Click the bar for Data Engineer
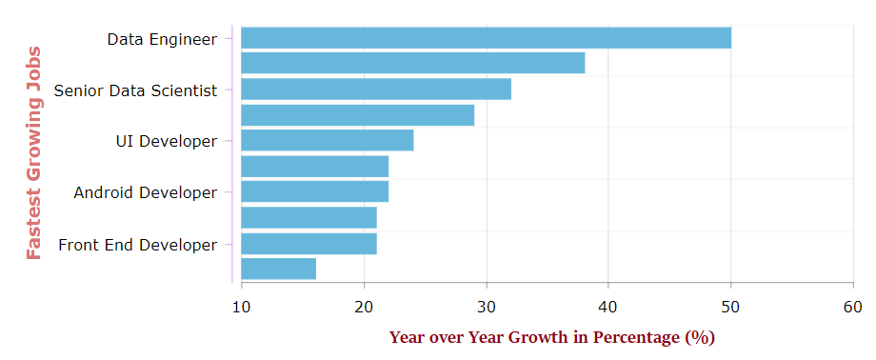coord(486,38)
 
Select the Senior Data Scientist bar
coord(376,90)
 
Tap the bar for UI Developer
coord(327,141)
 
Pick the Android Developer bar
coord(314,192)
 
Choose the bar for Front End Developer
coord(309,244)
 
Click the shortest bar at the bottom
coord(278,270)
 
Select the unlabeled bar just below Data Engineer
coord(412,64)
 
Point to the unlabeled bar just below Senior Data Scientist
coord(357,115)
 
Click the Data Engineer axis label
coord(162,39)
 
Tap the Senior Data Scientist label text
coord(135,90)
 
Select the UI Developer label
coord(166,142)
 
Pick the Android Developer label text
coord(146,193)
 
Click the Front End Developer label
coord(138,245)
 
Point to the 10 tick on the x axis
coord(241,306)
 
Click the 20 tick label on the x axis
coord(364,306)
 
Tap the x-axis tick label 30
coord(486,306)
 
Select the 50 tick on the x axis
coord(730,306)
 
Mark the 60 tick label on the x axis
coord(853,306)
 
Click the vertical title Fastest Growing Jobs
coord(34,152)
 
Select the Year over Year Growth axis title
coord(551,337)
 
